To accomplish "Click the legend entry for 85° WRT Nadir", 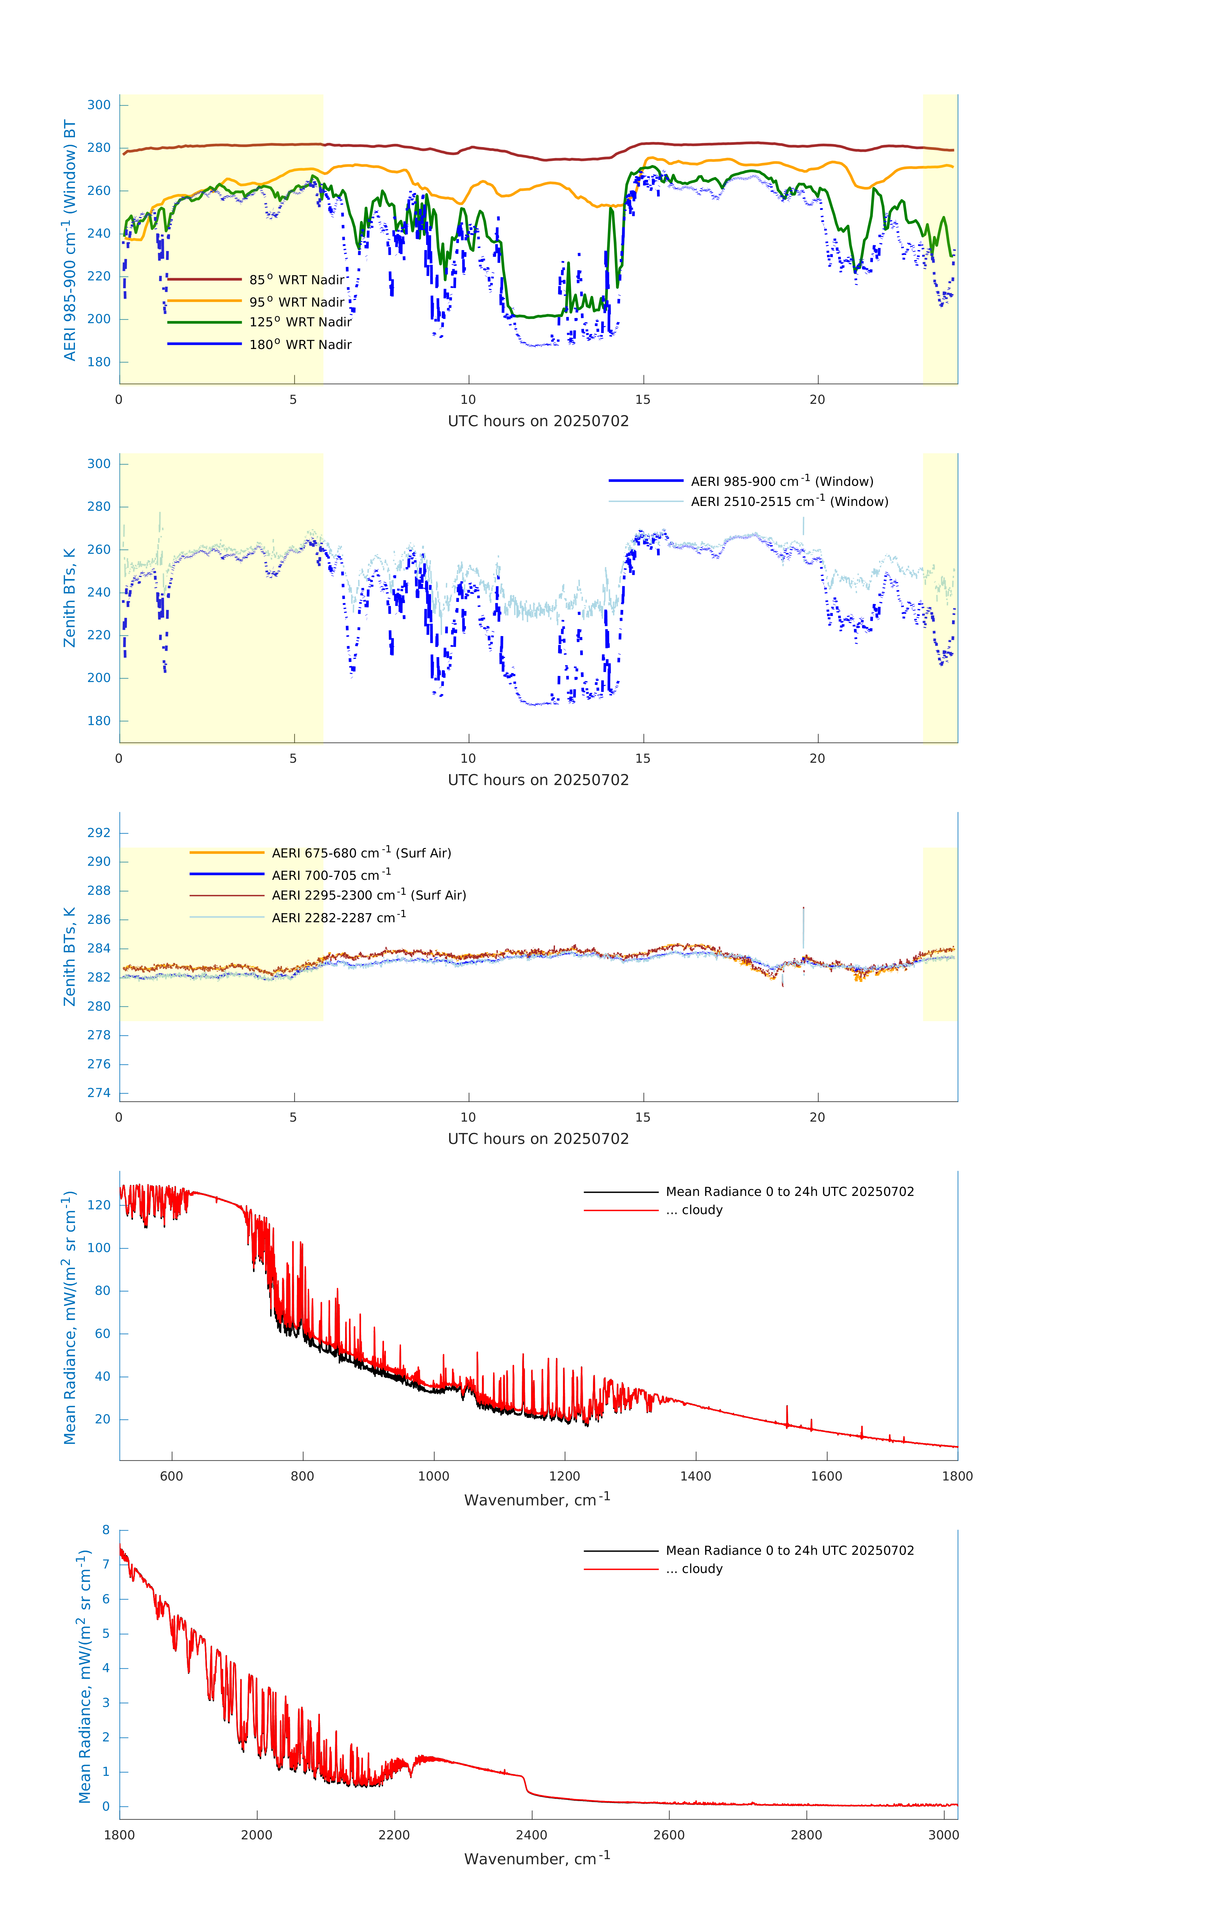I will [296, 280].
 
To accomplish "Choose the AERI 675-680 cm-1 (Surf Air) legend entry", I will [361, 853].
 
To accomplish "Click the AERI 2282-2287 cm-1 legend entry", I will [339, 917].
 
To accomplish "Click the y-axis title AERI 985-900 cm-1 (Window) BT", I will [70, 240].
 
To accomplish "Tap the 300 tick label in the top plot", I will [99, 105].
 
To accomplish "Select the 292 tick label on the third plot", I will [99, 833].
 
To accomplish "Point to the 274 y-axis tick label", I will [99, 1093].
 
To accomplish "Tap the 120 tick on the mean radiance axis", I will [99, 1205].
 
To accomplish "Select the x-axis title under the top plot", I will [538, 421].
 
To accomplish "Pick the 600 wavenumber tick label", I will [172, 1476].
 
